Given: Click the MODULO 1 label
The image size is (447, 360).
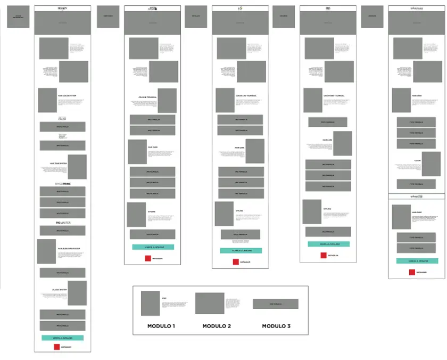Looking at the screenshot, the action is point(161,326).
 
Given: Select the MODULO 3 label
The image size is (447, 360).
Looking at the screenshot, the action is point(275,326).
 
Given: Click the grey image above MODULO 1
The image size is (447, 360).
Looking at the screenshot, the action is point(150,304).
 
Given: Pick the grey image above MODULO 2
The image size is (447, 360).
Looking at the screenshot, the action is point(210,303).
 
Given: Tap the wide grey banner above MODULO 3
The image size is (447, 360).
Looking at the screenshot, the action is point(275,304).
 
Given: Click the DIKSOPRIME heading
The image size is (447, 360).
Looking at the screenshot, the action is point(63,184).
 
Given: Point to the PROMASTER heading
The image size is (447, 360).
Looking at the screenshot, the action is point(63,222).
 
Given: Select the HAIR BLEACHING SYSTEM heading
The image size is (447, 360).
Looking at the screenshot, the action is point(69,249).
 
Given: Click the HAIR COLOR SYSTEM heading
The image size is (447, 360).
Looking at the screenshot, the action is point(67,96).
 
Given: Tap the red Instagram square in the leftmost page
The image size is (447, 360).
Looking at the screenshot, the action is point(57,347).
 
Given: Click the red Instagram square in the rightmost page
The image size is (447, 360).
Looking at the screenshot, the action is point(412,272).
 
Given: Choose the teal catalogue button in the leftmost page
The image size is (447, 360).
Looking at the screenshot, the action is point(63,338).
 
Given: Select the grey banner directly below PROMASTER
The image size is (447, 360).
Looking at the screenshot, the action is point(63,231).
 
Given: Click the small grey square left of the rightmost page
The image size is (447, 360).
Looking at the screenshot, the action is point(371,17).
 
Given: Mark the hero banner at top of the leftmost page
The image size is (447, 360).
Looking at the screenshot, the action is point(63,23).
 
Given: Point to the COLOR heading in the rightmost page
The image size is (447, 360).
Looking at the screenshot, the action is point(418,160).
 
